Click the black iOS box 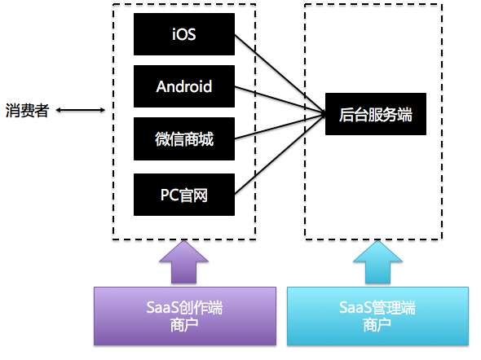184,34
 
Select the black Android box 184,86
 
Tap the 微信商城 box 184,139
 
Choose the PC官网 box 184,195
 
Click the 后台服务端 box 376,115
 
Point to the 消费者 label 27,111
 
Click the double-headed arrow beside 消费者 80,111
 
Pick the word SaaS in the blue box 353,309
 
